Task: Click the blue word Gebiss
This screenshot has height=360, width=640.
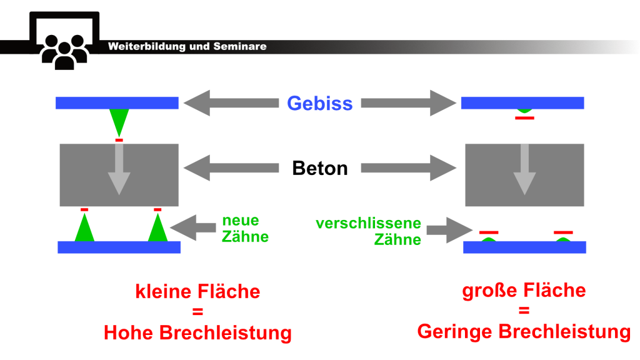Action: click(x=319, y=103)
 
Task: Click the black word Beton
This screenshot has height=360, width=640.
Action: click(x=319, y=168)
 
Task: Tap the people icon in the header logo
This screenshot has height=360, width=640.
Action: click(x=64, y=51)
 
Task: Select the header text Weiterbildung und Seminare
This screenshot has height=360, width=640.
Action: click(x=187, y=46)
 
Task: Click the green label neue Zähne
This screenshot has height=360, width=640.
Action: click(x=244, y=229)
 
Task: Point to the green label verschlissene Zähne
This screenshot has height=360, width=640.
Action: click(x=368, y=231)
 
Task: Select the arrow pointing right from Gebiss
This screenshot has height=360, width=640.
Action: click(x=409, y=102)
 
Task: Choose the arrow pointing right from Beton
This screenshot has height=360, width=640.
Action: click(x=409, y=167)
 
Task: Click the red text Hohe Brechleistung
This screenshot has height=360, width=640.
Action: click(x=197, y=332)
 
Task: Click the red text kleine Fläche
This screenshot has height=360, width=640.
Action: click(x=197, y=292)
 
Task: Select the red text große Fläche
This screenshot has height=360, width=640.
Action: click(x=524, y=291)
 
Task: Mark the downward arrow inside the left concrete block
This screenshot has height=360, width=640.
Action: click(x=119, y=170)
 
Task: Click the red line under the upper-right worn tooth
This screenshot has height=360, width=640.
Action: click(x=524, y=117)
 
